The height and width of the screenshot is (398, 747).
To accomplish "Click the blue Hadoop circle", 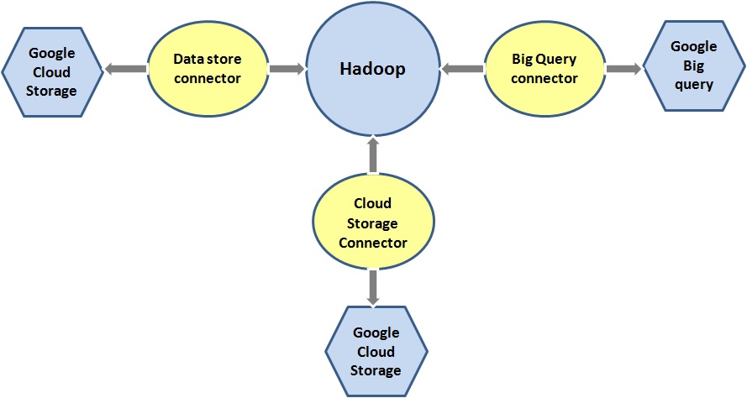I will click(x=372, y=70).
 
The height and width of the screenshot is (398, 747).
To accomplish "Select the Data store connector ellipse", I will click(x=207, y=69).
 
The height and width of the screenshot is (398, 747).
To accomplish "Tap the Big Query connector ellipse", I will click(x=544, y=69).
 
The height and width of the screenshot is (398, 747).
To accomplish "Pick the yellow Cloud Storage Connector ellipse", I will click(x=373, y=223).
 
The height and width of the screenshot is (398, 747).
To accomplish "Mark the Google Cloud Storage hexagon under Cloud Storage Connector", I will click(x=376, y=352).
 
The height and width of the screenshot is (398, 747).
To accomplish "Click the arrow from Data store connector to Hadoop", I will click(x=287, y=70).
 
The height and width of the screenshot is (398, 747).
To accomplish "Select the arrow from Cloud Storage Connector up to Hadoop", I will click(x=373, y=157).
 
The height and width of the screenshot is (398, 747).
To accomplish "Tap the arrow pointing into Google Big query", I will click(x=623, y=70).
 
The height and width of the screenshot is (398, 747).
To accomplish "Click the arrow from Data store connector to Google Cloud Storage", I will click(x=125, y=70).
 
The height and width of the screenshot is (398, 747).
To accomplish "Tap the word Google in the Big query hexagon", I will click(x=693, y=47).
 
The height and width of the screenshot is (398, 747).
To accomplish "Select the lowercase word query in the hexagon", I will click(x=693, y=84).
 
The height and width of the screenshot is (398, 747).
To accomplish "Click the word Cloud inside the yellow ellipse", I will click(x=373, y=205).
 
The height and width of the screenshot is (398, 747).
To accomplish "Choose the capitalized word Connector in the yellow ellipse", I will click(x=373, y=242).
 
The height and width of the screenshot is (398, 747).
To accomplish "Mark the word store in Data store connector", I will click(x=223, y=60).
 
